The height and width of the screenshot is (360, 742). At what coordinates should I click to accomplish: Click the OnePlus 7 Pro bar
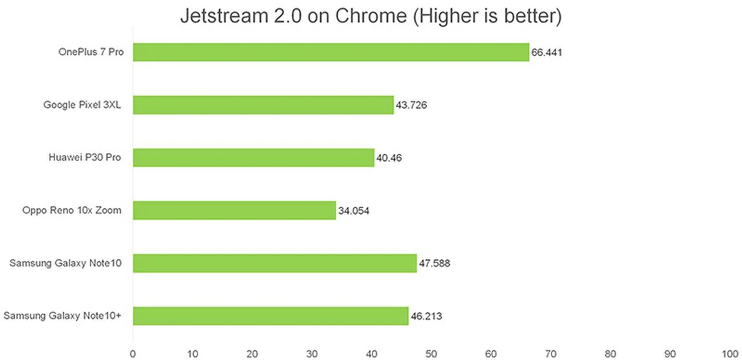[x=331, y=52]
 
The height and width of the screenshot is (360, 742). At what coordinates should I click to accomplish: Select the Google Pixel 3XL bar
[x=263, y=105]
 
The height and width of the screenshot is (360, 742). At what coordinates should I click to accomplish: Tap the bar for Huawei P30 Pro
[x=254, y=158]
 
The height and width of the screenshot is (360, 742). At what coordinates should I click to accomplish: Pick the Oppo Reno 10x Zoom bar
[x=234, y=210]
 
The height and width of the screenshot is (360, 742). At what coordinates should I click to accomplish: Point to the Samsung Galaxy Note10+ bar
[x=271, y=316]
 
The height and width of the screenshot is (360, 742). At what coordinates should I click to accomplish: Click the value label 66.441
[x=546, y=52]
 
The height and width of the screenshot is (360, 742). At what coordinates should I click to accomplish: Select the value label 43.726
[x=411, y=105]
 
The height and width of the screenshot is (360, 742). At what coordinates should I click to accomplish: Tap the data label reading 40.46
[x=389, y=158]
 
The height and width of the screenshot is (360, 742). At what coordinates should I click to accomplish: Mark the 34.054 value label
[x=354, y=211]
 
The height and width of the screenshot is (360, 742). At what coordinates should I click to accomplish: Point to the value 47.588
[x=434, y=263]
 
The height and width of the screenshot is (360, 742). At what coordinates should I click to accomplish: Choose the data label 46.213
[x=426, y=316]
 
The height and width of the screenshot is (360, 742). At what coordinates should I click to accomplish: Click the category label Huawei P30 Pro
[x=85, y=157]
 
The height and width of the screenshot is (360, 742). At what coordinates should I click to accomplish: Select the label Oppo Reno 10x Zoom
[x=72, y=210]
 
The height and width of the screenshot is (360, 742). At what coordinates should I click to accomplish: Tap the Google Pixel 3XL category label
[x=82, y=105]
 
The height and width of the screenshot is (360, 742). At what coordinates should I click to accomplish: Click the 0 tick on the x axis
[x=133, y=354]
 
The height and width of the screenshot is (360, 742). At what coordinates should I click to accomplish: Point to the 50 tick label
[x=431, y=354]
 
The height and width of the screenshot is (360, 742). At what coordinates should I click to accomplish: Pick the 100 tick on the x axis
[x=730, y=354]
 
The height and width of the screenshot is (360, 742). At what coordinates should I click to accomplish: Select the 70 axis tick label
[x=550, y=354]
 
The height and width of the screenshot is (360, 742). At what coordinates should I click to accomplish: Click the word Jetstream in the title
[x=224, y=16]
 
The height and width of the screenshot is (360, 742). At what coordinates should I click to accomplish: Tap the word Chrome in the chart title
[x=371, y=16]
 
